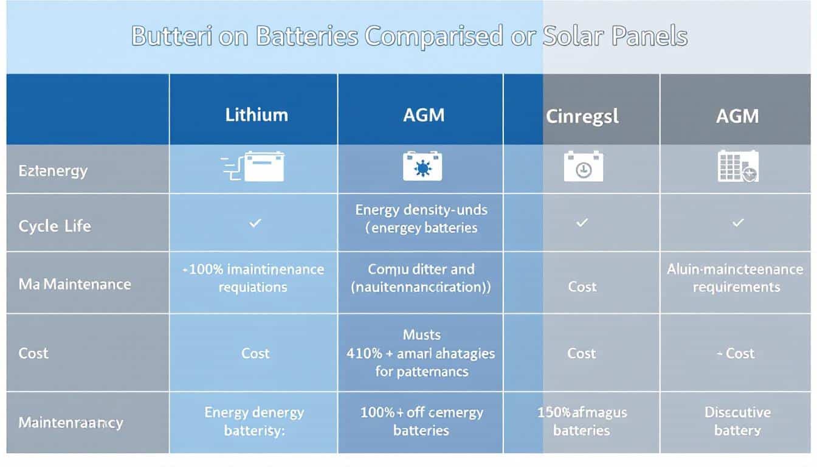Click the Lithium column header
256,115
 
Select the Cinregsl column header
582,116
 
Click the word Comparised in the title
434,36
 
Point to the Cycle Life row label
55,226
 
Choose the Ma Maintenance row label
74,284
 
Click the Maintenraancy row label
71,422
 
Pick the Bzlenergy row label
53,171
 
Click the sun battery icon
422,167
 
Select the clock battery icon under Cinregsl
583,167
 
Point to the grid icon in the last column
737,167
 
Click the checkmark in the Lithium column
255,223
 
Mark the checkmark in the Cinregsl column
582,223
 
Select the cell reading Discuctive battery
737,421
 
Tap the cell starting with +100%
253,278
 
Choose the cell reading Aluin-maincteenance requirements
736,277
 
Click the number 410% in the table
364,353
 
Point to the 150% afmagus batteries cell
582,421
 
